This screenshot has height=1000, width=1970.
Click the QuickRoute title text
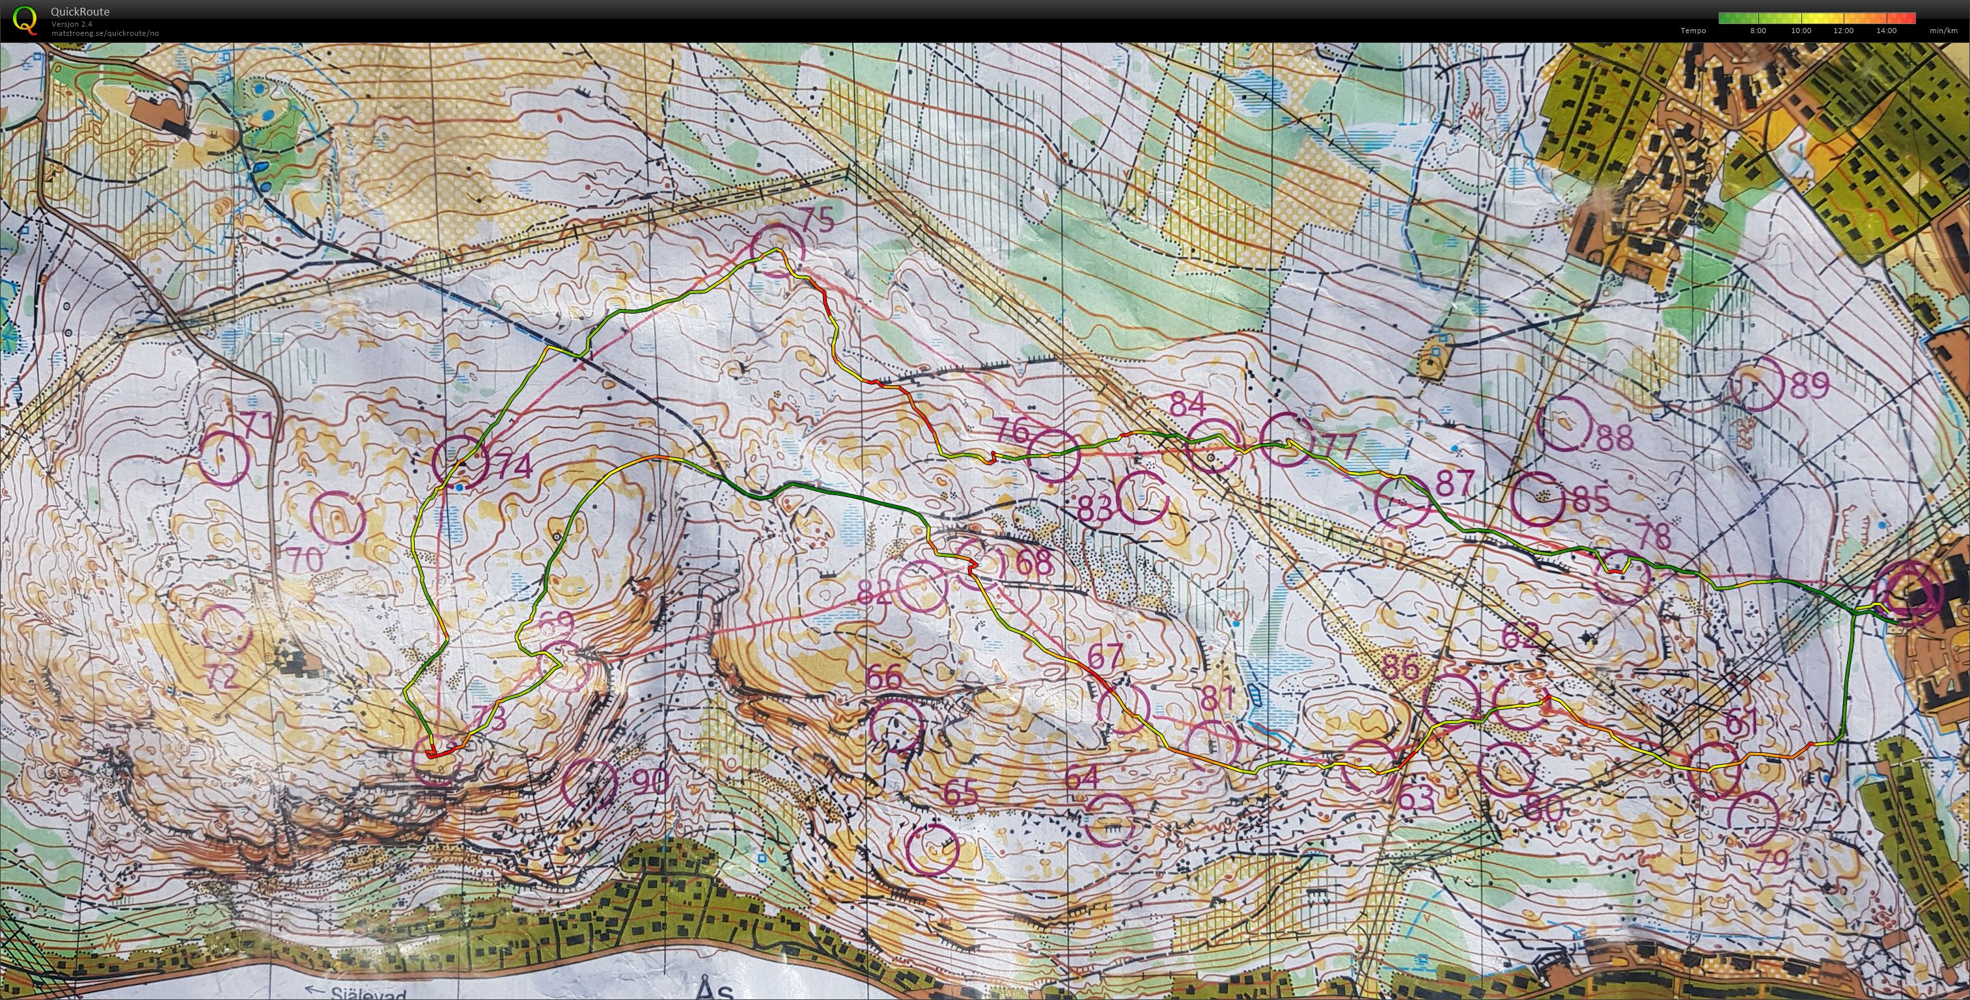pyautogui.click(x=79, y=12)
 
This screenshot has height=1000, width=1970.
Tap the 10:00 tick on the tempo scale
pyautogui.click(x=1800, y=31)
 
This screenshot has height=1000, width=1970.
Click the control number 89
pyautogui.click(x=1809, y=385)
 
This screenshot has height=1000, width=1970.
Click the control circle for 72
pyautogui.click(x=227, y=629)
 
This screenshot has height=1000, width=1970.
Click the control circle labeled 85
pyautogui.click(x=1538, y=498)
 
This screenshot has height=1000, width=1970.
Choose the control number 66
pyautogui.click(x=884, y=677)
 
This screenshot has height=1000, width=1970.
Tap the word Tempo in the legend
pyautogui.click(x=1693, y=31)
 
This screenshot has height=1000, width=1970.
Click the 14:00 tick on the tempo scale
pyautogui.click(x=1886, y=31)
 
